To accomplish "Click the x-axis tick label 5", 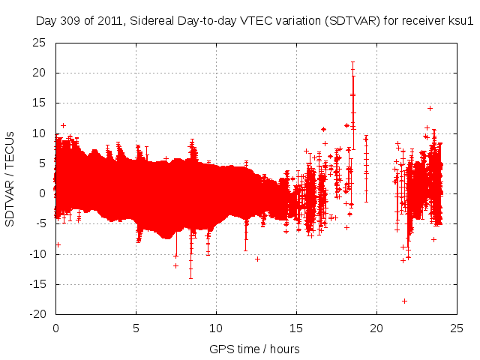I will (x=136, y=328).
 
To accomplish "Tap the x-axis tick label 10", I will (x=216, y=328).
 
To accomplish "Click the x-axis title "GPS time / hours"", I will (x=254, y=349).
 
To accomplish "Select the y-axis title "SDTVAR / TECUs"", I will (x=10, y=178).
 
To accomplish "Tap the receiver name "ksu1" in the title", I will (x=460, y=22).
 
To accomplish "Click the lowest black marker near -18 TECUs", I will (x=404, y=301).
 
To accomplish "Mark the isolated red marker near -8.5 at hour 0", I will (x=58, y=244).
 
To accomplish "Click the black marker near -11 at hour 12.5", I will (x=257, y=259).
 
